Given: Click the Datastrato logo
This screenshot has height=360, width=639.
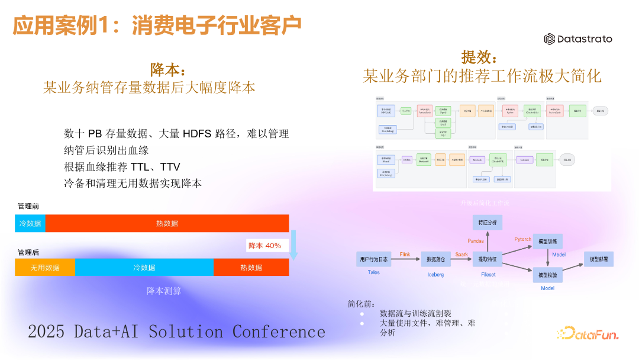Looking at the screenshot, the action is [577, 39].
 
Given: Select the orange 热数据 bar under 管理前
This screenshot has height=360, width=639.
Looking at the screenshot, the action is [167, 223].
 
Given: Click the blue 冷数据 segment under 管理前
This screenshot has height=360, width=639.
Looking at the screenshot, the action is [30, 223].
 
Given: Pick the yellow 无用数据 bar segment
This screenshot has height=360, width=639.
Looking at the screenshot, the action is [45, 268].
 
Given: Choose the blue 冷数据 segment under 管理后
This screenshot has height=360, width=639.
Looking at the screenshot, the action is [144, 268].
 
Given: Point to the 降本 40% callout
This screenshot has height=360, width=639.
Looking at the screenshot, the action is [264, 245].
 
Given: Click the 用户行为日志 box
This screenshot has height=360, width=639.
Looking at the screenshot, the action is [374, 259].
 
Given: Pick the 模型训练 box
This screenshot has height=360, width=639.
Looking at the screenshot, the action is [547, 241].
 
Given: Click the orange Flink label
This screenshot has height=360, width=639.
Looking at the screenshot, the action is [405, 254].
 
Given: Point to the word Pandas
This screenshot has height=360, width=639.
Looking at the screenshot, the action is [476, 241].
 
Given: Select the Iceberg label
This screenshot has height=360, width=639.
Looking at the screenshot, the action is [435, 275].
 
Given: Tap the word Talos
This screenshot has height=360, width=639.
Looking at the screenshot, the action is [369, 272].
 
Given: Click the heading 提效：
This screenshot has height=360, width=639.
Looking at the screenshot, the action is [480, 57].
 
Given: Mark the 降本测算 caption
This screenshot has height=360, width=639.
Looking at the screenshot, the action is [164, 291].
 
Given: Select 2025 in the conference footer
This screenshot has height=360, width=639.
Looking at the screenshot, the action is [46, 332].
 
